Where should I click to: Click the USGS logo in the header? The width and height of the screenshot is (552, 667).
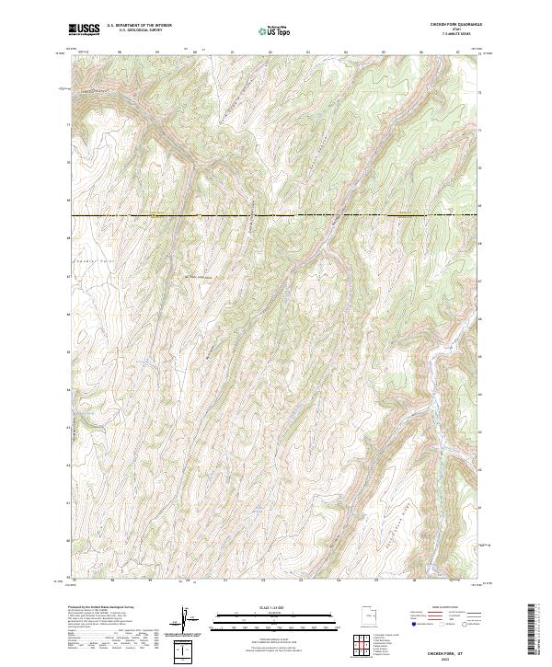tap(84, 29)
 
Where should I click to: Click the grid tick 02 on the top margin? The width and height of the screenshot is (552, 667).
tap(270, 53)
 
